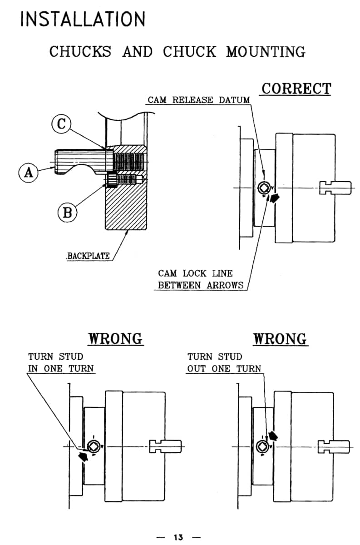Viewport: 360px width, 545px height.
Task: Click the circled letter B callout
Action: [67, 212]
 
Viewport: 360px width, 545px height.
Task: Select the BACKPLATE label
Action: [88, 256]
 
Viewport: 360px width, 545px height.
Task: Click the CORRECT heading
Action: [296, 89]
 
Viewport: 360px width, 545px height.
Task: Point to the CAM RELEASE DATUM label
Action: [198, 100]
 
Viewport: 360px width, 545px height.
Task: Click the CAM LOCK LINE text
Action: [195, 273]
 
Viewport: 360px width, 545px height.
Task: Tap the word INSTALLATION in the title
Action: [83, 19]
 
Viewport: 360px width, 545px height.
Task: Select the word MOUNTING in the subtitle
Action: [266, 52]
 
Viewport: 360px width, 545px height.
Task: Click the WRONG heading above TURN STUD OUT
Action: [280, 338]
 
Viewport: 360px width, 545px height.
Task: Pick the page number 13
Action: [178, 537]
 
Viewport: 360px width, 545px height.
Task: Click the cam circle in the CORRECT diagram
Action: [263, 188]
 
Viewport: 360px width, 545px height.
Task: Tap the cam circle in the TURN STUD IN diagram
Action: [94, 447]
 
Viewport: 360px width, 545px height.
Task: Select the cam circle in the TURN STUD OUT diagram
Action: [262, 447]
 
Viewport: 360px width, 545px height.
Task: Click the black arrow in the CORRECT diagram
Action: [274, 198]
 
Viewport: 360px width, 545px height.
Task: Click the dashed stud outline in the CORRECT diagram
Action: [335, 188]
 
